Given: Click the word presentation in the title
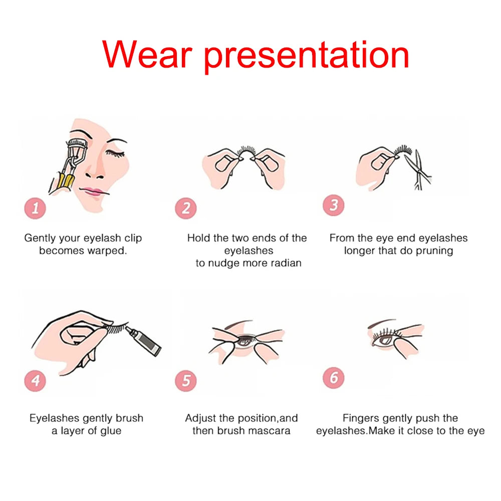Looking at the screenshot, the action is [307, 57].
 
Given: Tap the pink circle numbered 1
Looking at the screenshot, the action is [35, 208].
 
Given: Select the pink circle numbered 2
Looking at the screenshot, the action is [186, 208].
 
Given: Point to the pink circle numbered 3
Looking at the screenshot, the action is [334, 205].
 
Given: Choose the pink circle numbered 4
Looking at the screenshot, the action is [35, 381].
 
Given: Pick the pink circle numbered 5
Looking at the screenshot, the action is [186, 381].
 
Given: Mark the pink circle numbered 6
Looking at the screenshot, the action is [334, 378].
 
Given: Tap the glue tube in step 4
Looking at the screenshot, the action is [144, 341].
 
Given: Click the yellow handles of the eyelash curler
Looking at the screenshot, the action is [66, 181].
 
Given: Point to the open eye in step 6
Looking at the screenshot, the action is [384, 340].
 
